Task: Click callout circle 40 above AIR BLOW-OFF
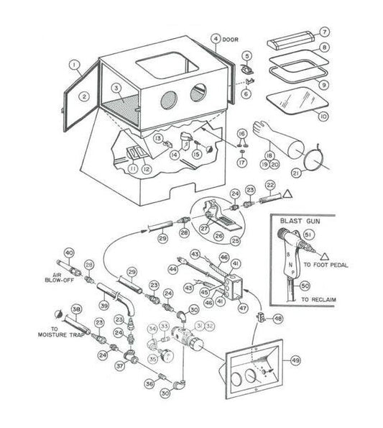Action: (69, 252)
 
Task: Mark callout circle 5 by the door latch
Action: (246, 55)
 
